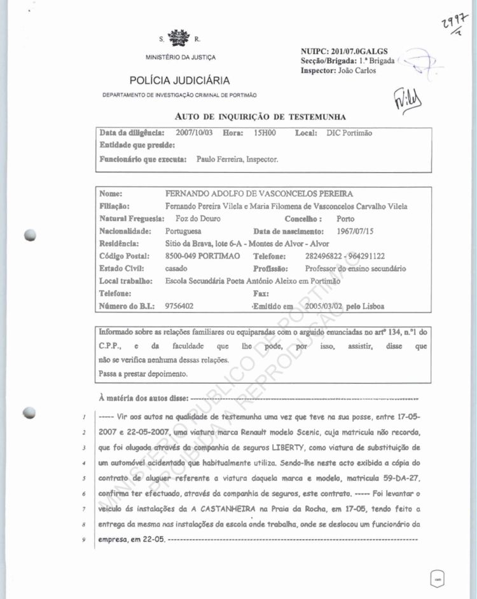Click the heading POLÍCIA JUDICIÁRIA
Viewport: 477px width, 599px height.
[x=179, y=81]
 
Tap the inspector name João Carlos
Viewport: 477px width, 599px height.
[x=356, y=70]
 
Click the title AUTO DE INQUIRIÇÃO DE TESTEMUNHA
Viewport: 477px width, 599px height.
[x=260, y=117]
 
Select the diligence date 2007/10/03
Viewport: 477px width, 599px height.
[x=195, y=133]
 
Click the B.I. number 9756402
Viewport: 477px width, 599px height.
[x=179, y=306]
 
